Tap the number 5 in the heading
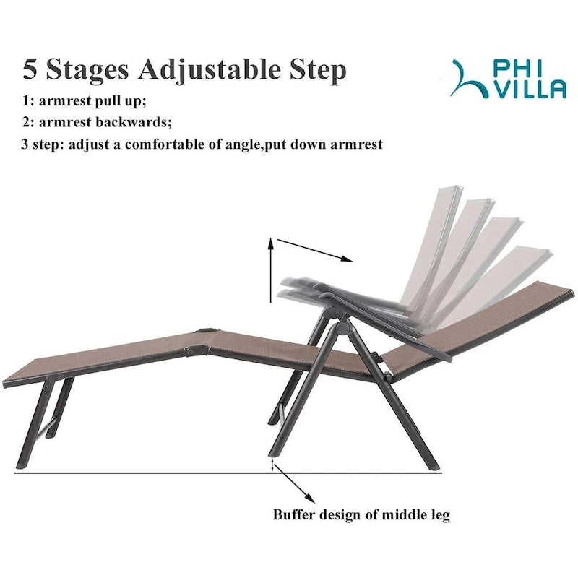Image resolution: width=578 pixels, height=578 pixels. pos(30,70)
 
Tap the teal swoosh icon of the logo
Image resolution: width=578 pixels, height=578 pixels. pos(468,79)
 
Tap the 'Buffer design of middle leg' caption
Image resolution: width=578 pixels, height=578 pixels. pos(361,515)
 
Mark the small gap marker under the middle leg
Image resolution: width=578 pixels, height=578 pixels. pos(272,465)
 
